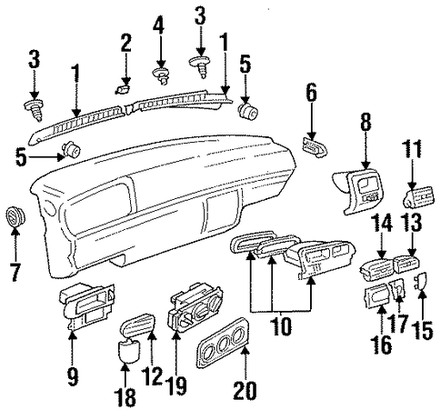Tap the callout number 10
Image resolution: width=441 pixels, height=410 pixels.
click(x=282, y=326)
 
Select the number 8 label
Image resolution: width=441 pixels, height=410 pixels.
click(x=366, y=121)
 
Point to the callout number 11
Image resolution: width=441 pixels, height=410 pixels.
click(x=412, y=149)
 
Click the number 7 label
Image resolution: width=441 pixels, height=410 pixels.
click(x=15, y=272)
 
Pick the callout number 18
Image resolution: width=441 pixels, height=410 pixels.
click(x=125, y=396)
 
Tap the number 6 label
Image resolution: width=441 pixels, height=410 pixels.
click(x=311, y=92)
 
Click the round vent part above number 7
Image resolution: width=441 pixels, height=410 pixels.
click(x=15, y=216)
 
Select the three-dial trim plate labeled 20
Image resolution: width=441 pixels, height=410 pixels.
click(x=224, y=343)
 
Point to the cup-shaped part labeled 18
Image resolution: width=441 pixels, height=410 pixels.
click(x=129, y=351)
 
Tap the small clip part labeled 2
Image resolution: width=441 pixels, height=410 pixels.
click(x=123, y=89)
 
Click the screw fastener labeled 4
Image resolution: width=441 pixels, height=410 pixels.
click(x=162, y=75)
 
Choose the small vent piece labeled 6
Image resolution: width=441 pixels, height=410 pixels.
click(x=315, y=147)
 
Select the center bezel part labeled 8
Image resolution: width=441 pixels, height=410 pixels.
click(x=358, y=192)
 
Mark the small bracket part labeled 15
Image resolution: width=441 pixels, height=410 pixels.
click(x=420, y=281)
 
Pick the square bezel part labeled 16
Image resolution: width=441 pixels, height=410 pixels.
click(x=376, y=295)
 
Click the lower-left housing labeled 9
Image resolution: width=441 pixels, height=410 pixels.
click(x=86, y=306)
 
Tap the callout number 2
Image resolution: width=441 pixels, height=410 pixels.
click(x=125, y=43)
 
